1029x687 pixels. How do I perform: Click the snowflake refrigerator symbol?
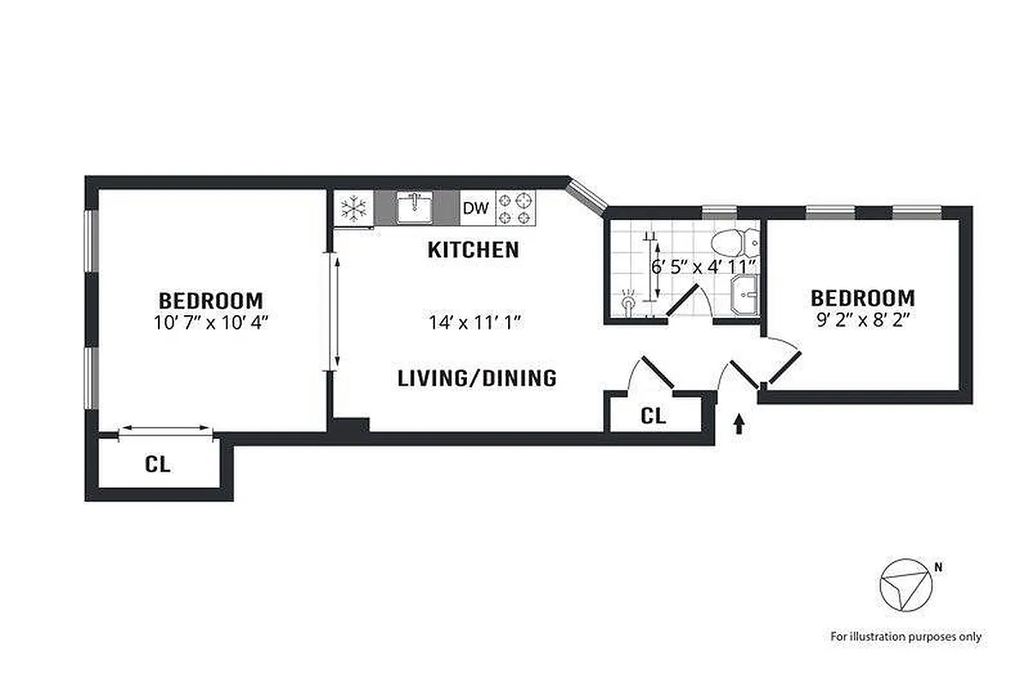pyautogui.click(x=354, y=208)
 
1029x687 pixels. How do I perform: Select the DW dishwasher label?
pyautogui.click(x=475, y=208)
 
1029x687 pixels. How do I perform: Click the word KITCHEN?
pyautogui.click(x=473, y=250)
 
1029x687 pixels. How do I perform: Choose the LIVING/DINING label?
pyautogui.click(x=477, y=378)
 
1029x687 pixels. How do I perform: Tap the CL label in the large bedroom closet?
pyautogui.click(x=157, y=465)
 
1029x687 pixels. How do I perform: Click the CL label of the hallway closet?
pyautogui.click(x=653, y=416)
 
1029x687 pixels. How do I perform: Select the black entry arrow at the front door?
pyautogui.click(x=739, y=424)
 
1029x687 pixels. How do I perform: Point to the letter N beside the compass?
pyautogui.click(x=938, y=567)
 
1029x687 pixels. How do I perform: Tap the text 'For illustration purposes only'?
pyautogui.click(x=905, y=636)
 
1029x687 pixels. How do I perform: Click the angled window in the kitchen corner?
pyautogui.click(x=588, y=194)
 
